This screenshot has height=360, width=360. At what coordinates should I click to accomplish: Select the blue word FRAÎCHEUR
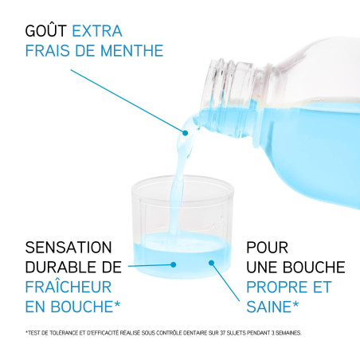tap(68, 285)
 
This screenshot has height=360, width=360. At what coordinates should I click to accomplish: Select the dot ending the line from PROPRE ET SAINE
tap(212, 261)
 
